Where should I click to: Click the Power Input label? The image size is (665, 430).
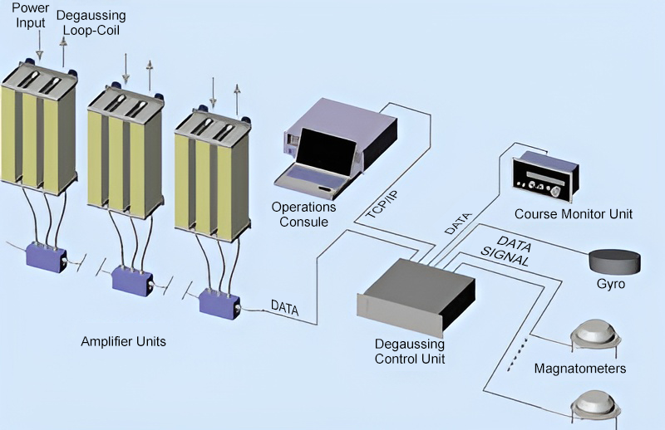[x=30, y=16]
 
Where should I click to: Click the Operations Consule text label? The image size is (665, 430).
[x=304, y=213]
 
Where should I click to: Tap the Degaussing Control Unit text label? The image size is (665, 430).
[x=410, y=351]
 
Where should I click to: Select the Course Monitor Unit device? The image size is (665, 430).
[x=544, y=175]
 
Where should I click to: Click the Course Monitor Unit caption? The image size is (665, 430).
[x=573, y=214]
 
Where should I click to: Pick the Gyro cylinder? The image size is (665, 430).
[x=615, y=260]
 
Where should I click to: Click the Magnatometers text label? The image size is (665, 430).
[x=579, y=368]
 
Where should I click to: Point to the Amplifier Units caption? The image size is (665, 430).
[x=123, y=341]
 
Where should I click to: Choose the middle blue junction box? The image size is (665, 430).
[x=132, y=278]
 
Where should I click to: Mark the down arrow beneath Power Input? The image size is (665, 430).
[x=38, y=46]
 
